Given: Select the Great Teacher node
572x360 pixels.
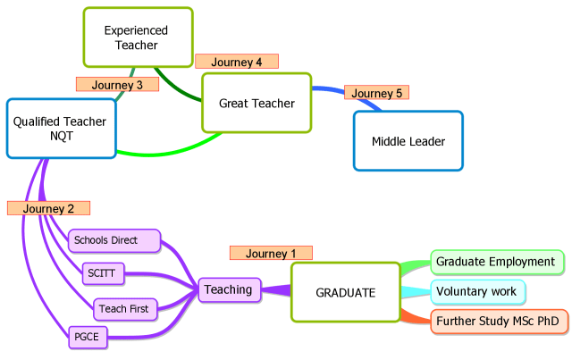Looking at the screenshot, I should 257,104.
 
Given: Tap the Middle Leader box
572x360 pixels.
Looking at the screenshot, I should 408,141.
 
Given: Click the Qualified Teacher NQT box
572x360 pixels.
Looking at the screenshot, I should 61,129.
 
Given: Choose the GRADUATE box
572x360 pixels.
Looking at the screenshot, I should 345,292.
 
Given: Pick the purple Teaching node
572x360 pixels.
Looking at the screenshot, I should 228,289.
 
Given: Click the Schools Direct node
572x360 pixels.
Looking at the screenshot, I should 114,240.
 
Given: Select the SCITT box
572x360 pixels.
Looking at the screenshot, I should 101,272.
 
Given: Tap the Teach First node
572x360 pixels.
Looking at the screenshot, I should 124,309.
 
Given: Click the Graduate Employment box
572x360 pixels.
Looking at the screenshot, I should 497,262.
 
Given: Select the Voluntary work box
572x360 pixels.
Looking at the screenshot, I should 476,291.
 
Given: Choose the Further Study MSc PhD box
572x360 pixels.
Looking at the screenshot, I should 499,321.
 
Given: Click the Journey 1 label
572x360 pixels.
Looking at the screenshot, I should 271,253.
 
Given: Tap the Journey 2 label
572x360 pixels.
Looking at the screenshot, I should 49,208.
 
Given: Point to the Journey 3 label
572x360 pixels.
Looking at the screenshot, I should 117,85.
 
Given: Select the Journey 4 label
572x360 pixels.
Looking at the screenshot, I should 237,62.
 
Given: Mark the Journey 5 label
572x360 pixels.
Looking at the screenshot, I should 376,93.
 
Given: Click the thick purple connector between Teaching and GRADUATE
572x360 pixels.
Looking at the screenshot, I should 277,290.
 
